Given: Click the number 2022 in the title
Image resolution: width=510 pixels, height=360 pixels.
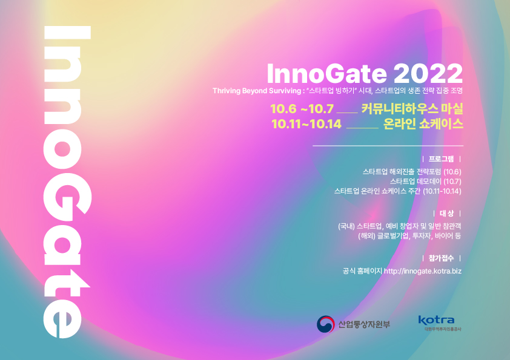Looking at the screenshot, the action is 428,74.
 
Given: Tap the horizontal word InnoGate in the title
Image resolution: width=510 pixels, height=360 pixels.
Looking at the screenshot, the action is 327,74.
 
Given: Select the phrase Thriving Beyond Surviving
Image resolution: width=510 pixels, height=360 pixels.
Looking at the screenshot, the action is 257,91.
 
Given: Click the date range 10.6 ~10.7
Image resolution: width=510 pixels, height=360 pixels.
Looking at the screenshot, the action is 302,109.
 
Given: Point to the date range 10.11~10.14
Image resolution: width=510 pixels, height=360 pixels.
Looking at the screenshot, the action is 306,124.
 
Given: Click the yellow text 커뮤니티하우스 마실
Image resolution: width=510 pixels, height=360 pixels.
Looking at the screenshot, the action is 412,108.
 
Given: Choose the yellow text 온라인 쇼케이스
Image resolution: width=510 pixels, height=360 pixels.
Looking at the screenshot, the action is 423,124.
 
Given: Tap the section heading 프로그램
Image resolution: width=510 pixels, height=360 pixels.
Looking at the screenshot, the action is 441,159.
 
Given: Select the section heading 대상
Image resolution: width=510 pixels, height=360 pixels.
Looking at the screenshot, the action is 446,214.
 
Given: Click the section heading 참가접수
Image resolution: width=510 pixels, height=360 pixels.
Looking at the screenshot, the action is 441,258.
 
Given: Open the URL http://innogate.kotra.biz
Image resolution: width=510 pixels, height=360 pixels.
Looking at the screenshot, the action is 423,271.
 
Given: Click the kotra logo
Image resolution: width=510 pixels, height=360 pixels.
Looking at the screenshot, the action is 437,323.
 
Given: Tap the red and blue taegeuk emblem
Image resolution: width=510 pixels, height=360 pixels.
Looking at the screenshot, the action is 326,324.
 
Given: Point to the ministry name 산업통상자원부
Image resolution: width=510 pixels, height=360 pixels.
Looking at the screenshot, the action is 364,324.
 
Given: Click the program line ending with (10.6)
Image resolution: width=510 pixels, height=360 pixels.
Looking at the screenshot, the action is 412,172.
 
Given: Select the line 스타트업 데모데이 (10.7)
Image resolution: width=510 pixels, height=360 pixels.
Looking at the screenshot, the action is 426,182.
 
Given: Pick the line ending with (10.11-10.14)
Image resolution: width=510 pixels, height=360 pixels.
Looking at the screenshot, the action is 398,191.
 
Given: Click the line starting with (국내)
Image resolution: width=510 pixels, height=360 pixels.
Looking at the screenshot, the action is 400,226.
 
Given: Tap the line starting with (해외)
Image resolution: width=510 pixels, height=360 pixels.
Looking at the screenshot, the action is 409,236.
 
